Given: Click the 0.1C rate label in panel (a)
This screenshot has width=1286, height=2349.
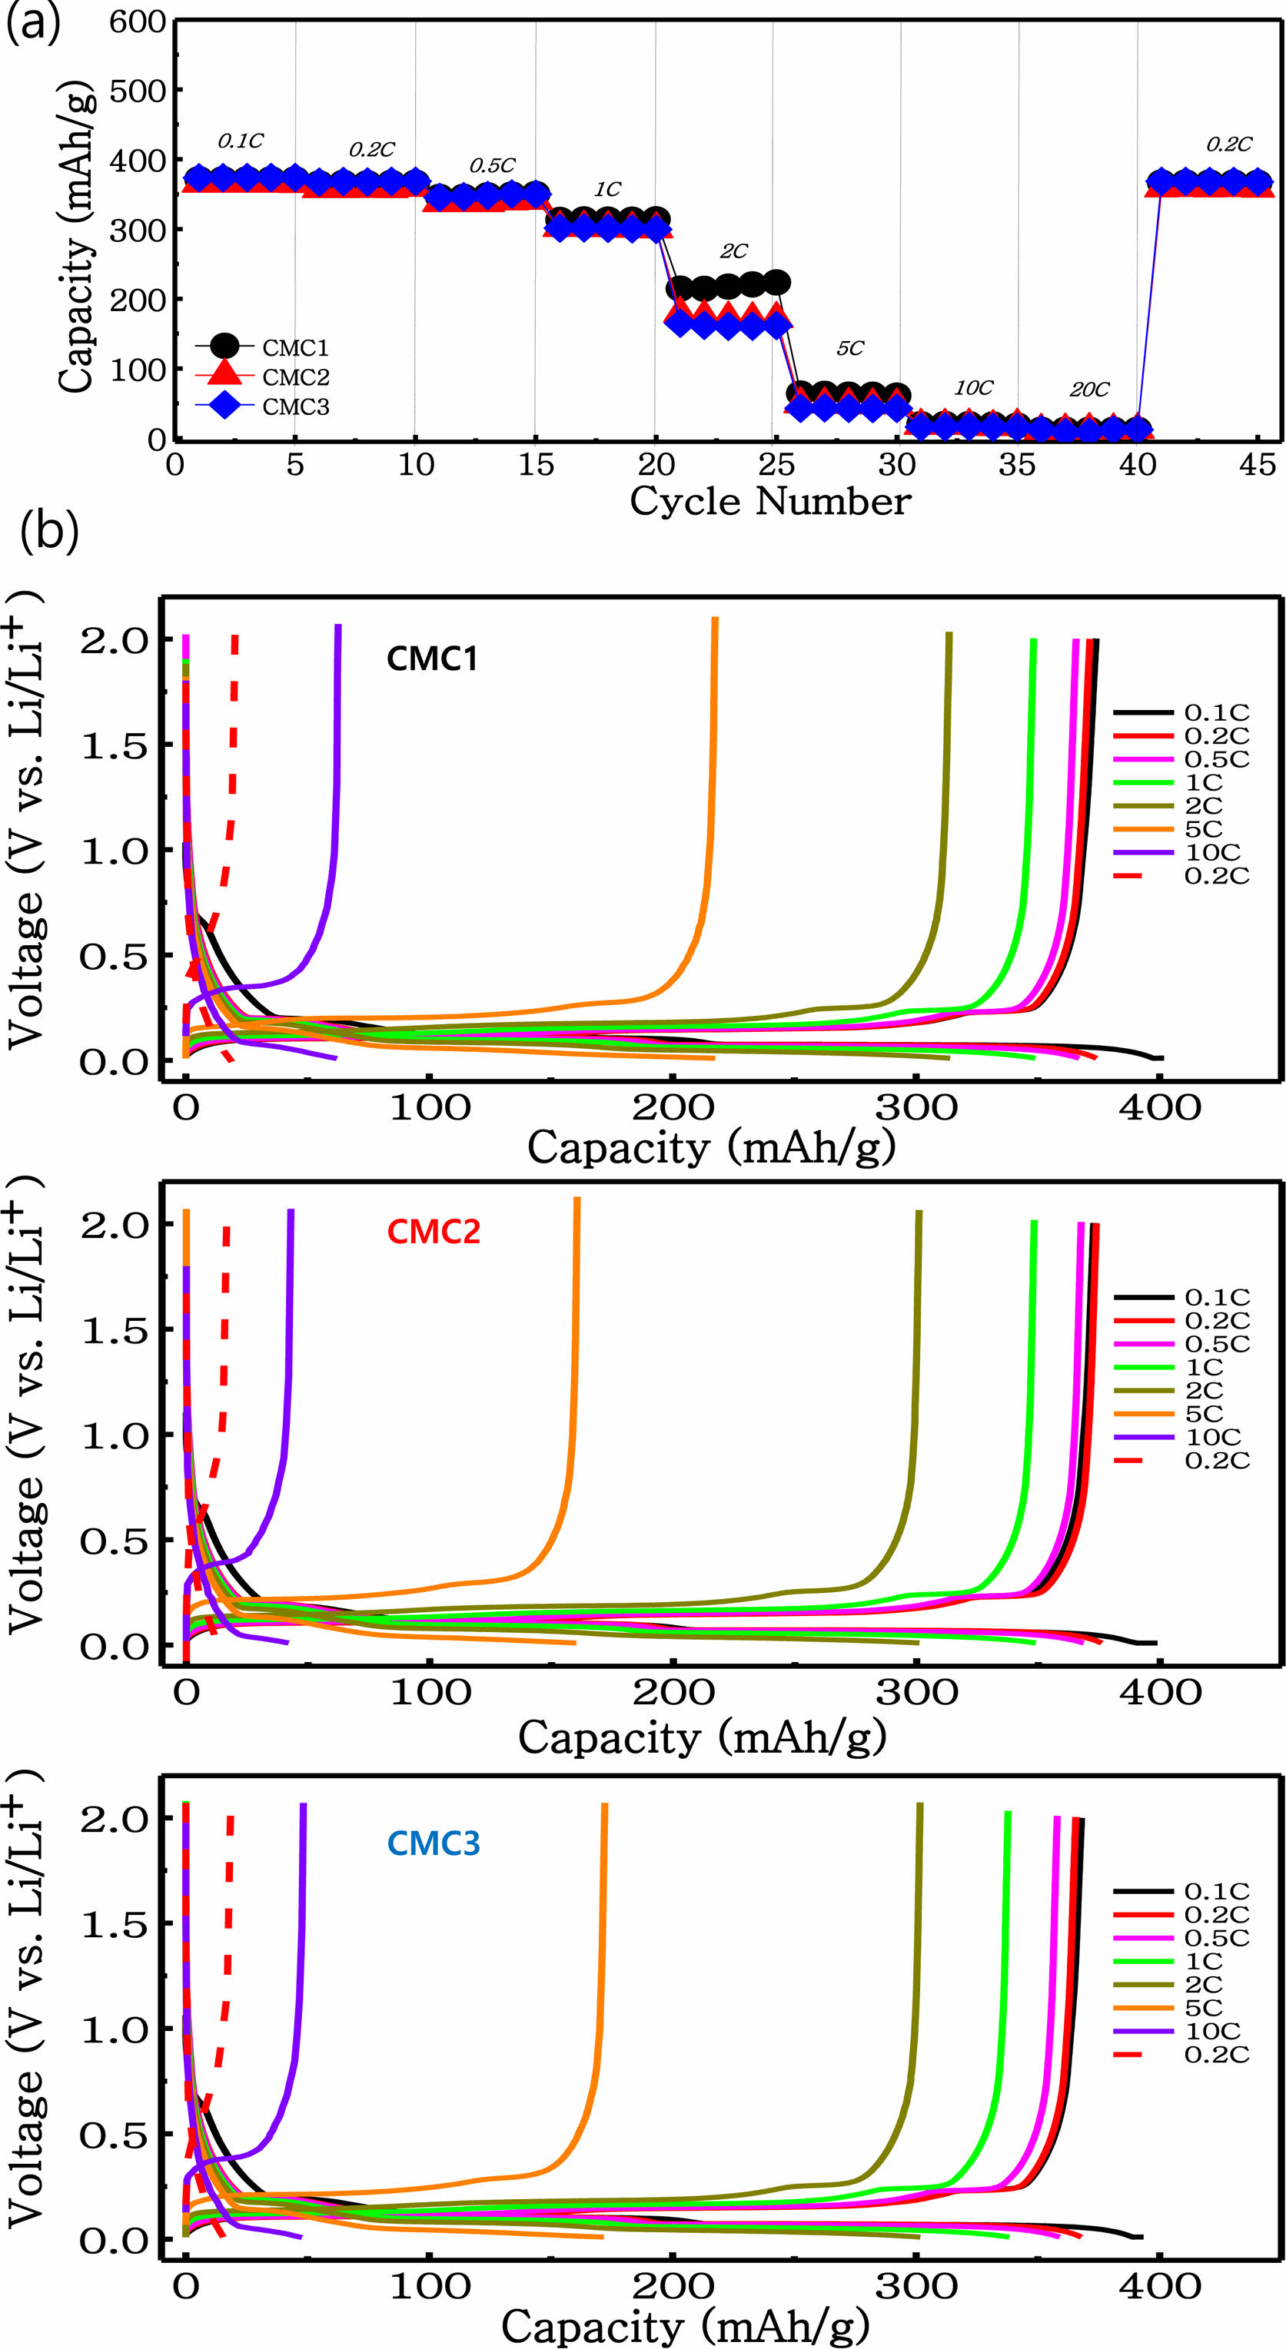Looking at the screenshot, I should (x=241, y=141).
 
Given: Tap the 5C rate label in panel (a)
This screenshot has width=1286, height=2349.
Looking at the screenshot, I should (x=850, y=348).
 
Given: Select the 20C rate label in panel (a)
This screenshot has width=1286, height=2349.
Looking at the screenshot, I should (x=1089, y=390).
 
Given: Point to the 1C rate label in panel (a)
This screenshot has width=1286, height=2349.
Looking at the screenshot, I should (x=607, y=190).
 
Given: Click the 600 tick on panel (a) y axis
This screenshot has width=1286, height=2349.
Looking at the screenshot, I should (x=138, y=22).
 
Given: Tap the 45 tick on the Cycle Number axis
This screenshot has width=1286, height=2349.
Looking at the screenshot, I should (x=1257, y=465).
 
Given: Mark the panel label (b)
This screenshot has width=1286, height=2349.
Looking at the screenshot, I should (x=49, y=531).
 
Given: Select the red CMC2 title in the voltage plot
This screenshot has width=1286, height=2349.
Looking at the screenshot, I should (x=434, y=1232).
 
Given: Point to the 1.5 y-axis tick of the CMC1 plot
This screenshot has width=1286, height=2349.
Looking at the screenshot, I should (x=114, y=746).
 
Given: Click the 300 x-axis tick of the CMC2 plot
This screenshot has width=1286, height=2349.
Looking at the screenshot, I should (x=916, y=1694).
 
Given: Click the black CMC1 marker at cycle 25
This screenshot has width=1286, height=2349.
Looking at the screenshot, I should (x=776, y=283).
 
